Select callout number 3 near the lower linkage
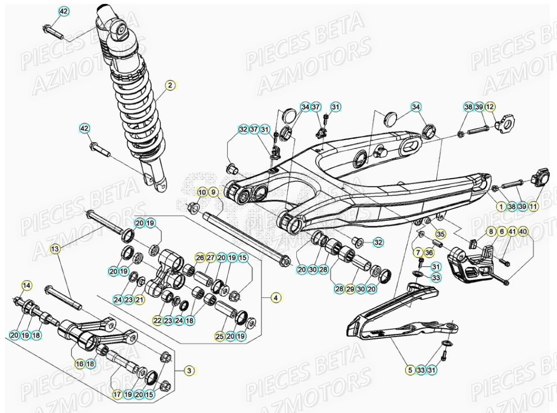(189, 370)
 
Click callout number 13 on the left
(55, 248)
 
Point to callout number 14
(26, 285)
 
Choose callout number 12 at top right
(490, 107)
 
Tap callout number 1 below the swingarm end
(501, 206)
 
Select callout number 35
(440, 234)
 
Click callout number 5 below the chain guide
(410, 370)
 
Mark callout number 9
(213, 192)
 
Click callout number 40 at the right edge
(523, 232)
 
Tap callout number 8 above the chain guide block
(491, 232)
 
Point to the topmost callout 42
(64, 11)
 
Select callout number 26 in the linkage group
(200, 257)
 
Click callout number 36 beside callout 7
(429, 253)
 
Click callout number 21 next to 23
(140, 300)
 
